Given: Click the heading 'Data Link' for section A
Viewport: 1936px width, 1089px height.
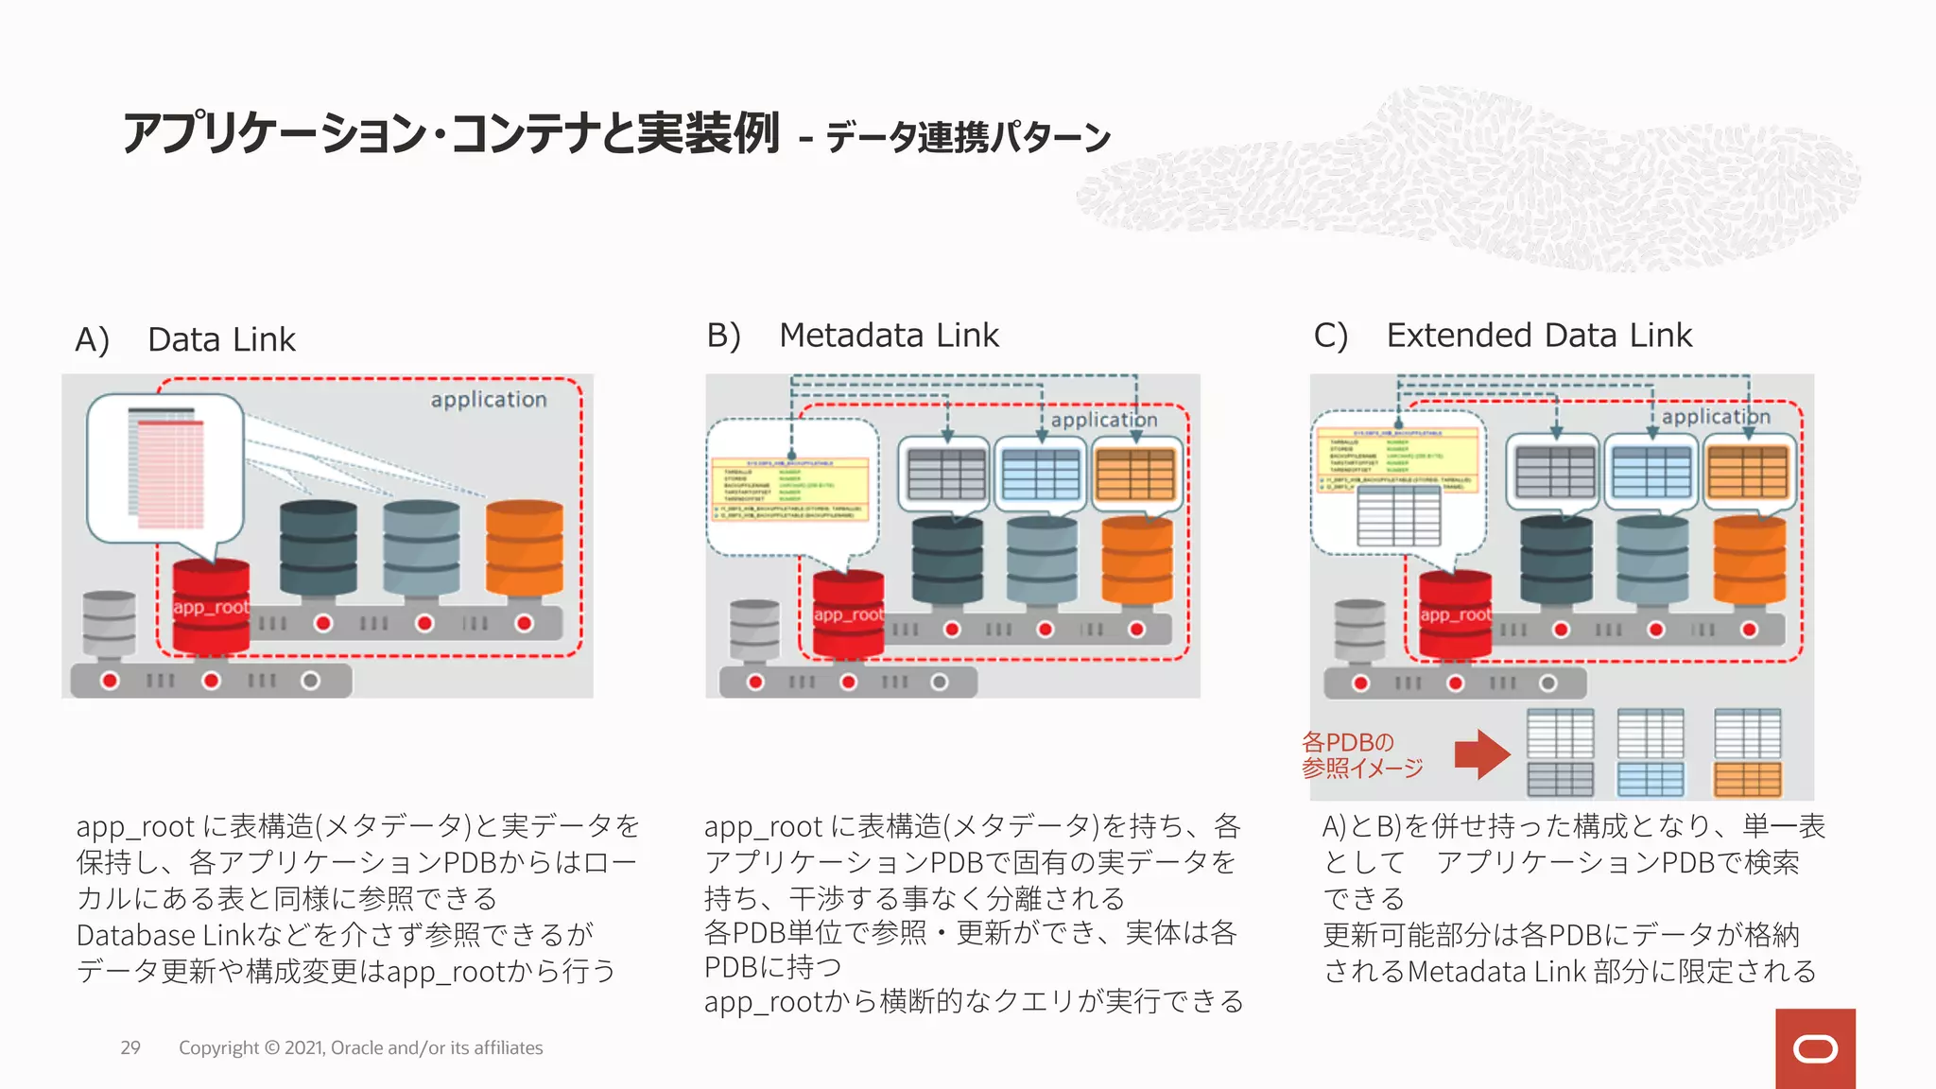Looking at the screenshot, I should pyautogui.click(x=221, y=339).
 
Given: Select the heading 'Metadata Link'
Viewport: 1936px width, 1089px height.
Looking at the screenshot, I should pyautogui.click(x=889, y=336).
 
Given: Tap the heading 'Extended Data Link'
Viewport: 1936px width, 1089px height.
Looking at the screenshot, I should pyautogui.click(x=1539, y=336).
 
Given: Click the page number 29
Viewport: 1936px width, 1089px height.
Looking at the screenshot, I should pyautogui.click(x=130, y=1047).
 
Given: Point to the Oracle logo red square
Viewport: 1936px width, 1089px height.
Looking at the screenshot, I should pyautogui.click(x=1815, y=1048).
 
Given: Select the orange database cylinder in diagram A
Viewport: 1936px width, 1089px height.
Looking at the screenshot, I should pyautogui.click(x=525, y=548).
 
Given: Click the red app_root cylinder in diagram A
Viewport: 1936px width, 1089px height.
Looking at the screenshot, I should pyautogui.click(x=211, y=608).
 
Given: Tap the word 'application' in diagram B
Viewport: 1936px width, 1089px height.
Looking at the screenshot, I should pyautogui.click(x=1103, y=420).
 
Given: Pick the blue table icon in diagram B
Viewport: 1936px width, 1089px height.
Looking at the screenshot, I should pyautogui.click(x=1041, y=474).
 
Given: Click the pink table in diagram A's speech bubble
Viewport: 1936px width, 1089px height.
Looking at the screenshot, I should pyautogui.click(x=170, y=473).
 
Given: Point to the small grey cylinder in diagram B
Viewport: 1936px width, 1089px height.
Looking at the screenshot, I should pyautogui.click(x=754, y=631).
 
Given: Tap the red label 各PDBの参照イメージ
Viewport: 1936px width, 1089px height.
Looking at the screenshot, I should pyautogui.click(x=1361, y=755).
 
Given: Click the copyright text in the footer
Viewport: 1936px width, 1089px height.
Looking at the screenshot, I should pyautogui.click(x=360, y=1047).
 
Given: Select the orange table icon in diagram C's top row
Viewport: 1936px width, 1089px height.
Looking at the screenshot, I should pyautogui.click(x=1748, y=471).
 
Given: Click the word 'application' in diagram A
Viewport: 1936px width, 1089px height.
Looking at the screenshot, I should pyautogui.click(x=489, y=400).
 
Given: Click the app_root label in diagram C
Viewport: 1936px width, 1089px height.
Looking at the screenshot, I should pyautogui.click(x=1455, y=614).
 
